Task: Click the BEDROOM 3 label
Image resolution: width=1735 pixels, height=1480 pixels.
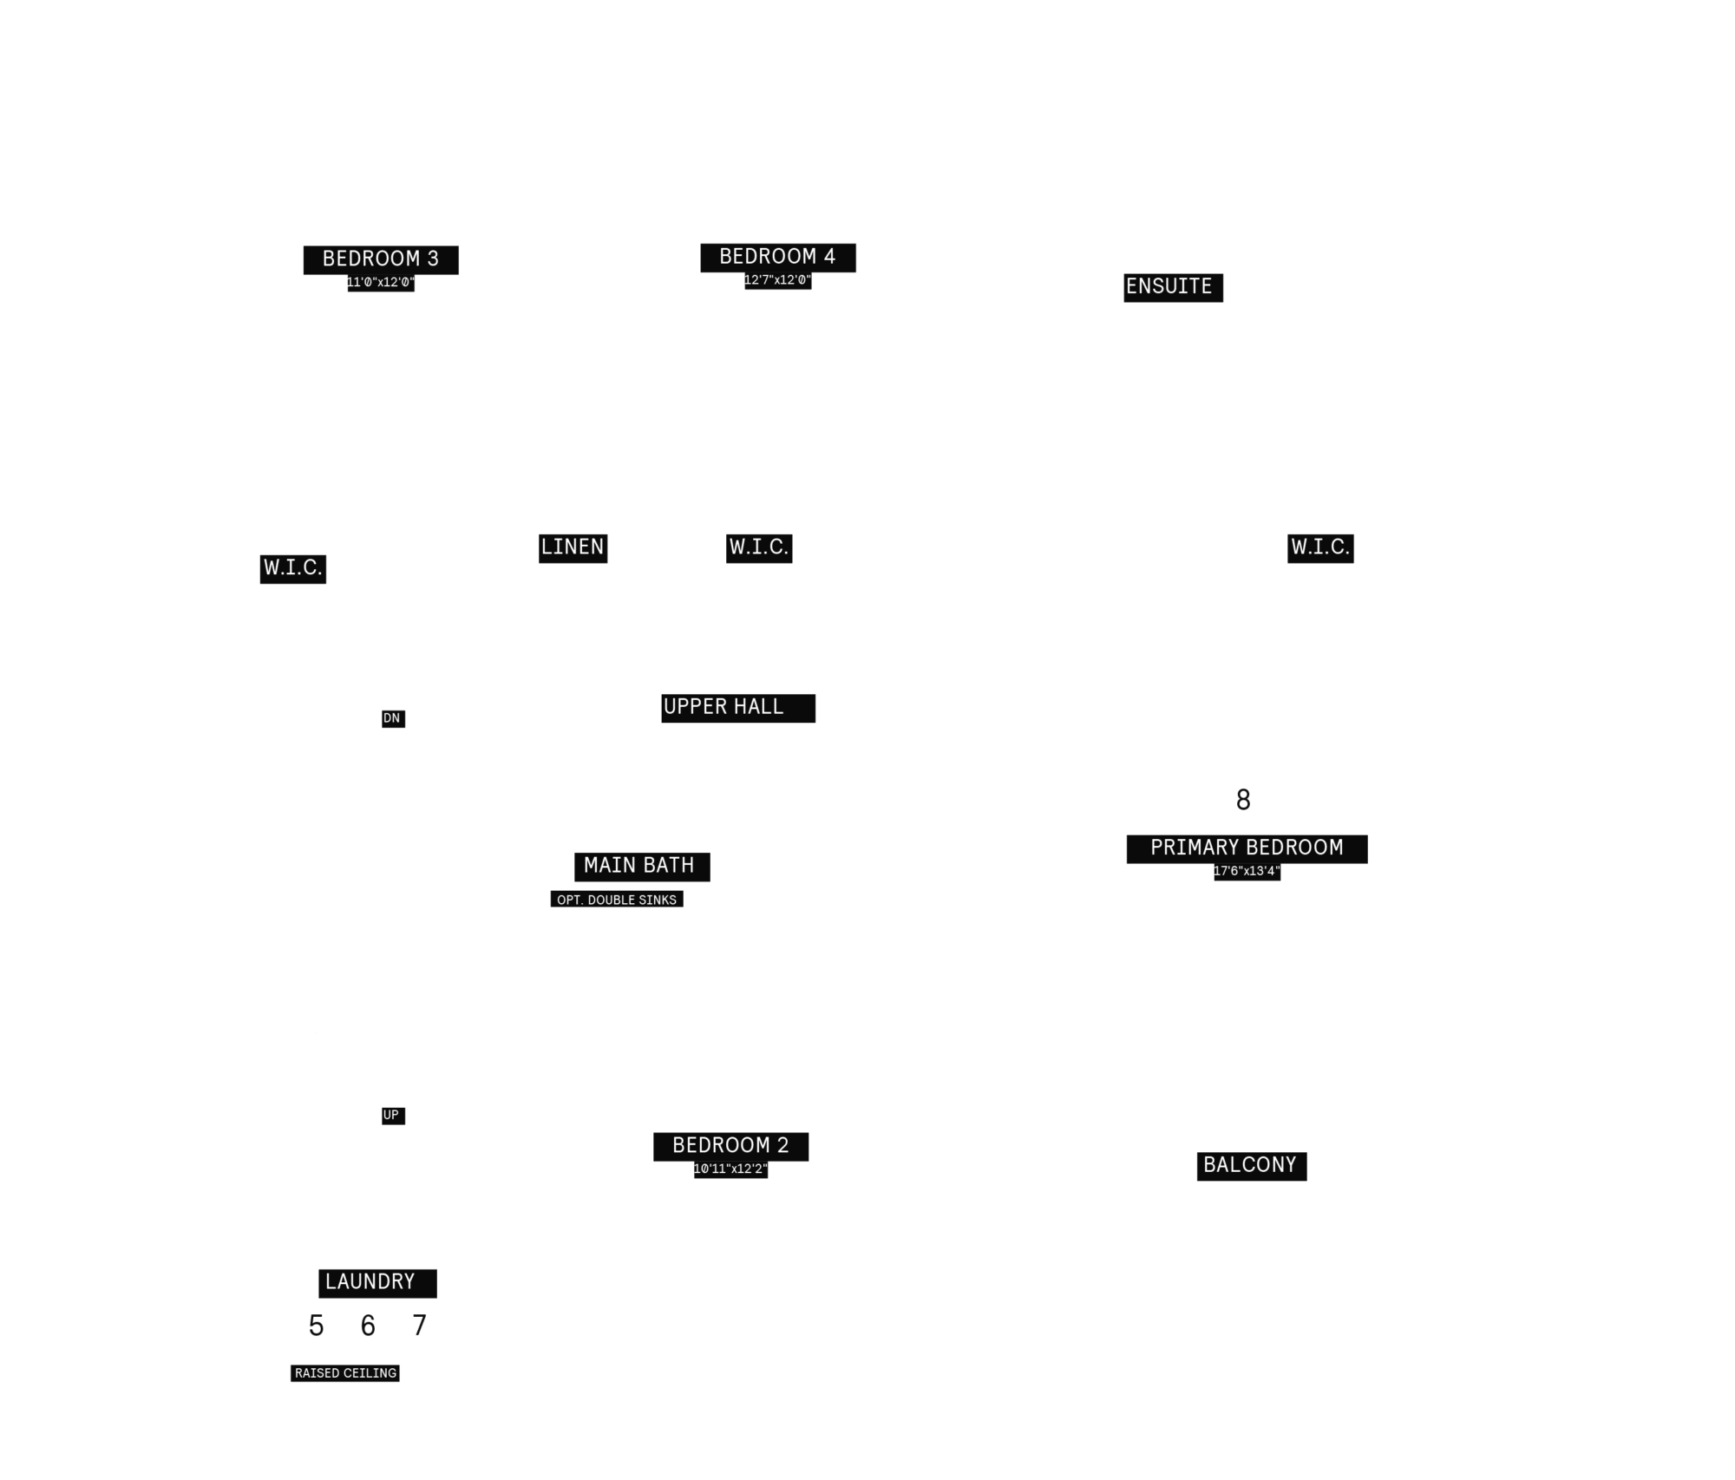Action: pyautogui.click(x=381, y=259)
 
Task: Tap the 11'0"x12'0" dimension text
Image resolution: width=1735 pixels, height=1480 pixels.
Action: pyautogui.click(x=381, y=283)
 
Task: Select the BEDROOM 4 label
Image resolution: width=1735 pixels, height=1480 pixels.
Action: pyautogui.click(x=778, y=258)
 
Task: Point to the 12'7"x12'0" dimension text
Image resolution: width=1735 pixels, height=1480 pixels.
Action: pyautogui.click(x=778, y=280)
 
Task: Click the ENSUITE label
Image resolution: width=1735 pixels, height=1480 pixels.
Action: pyautogui.click(x=1173, y=287)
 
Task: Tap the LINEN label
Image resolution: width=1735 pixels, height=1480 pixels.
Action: pyautogui.click(x=573, y=548)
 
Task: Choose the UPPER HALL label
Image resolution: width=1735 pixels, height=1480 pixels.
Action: pyautogui.click(x=738, y=708)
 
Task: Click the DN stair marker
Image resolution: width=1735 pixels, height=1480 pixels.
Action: pyautogui.click(x=393, y=718)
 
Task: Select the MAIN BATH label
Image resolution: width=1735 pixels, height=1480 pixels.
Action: pyautogui.click(x=642, y=867)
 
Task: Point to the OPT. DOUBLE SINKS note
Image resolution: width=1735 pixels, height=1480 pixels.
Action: pyautogui.click(x=617, y=900)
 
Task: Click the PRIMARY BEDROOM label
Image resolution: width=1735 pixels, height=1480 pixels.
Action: pyautogui.click(x=1247, y=848)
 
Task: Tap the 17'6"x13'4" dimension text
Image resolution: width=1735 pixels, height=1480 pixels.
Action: pyautogui.click(x=1247, y=872)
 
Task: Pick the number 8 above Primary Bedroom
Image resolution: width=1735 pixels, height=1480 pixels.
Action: pyautogui.click(x=1243, y=800)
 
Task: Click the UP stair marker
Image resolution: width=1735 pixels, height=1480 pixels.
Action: pyautogui.click(x=393, y=1116)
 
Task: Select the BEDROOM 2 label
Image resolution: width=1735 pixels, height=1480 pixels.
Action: pyautogui.click(x=731, y=1146)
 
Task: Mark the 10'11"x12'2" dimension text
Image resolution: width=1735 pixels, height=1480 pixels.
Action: pyautogui.click(x=731, y=1169)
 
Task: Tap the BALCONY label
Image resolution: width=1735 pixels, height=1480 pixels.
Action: pyautogui.click(x=1252, y=1166)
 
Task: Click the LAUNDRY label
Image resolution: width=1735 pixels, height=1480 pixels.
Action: pyautogui.click(x=377, y=1283)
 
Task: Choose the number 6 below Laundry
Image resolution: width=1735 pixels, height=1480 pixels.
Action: pyautogui.click(x=368, y=1326)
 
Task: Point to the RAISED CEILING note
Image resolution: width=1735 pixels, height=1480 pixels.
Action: pyautogui.click(x=345, y=1373)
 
